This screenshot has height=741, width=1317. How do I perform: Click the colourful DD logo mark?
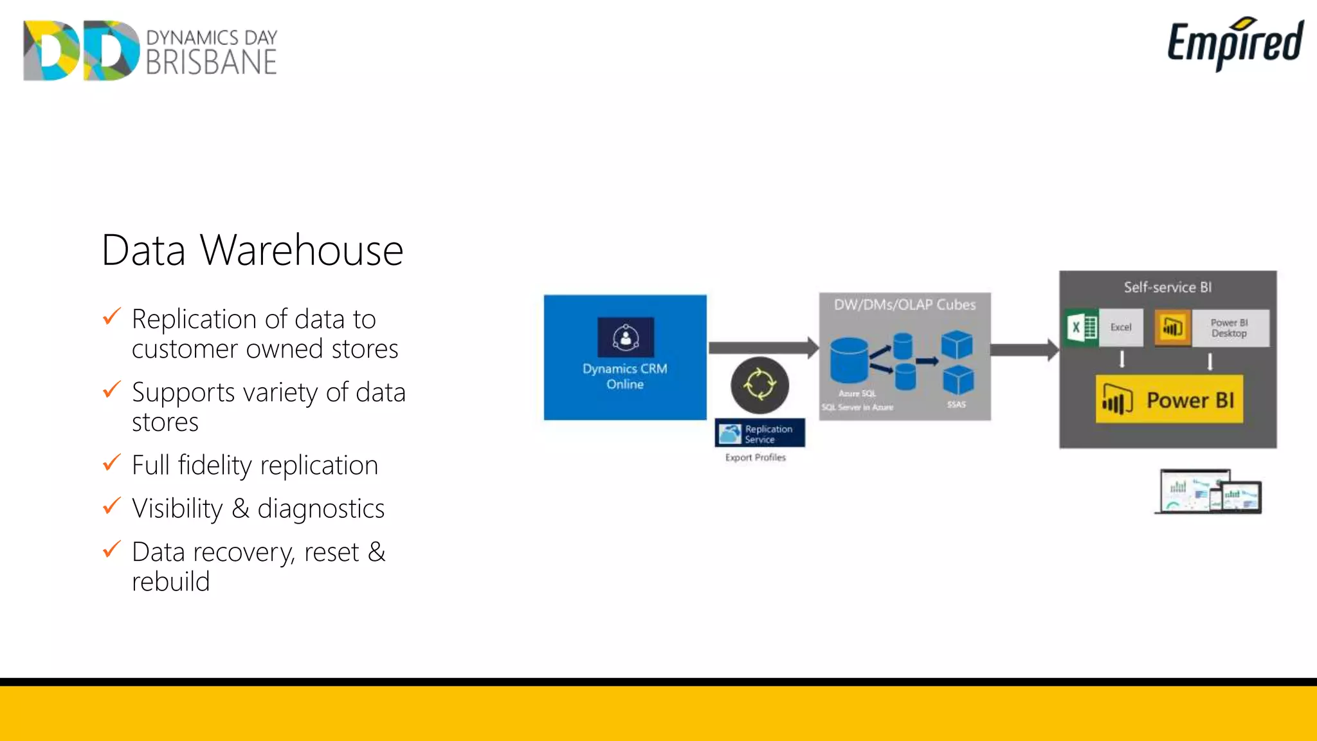click(x=81, y=50)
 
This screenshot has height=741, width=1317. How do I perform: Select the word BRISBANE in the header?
click(x=211, y=62)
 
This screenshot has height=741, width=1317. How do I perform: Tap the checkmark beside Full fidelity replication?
click(x=112, y=462)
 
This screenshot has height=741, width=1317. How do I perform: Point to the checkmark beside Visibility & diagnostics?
click(x=112, y=506)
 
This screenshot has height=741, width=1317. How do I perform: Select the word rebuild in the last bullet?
click(x=170, y=581)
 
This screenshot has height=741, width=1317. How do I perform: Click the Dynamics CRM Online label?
click(x=624, y=376)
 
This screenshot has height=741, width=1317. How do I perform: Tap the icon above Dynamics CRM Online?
click(x=625, y=337)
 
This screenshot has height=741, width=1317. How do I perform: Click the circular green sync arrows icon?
click(x=759, y=385)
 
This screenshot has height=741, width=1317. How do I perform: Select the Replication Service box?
click(x=759, y=434)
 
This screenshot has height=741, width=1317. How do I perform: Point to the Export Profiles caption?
click(x=755, y=457)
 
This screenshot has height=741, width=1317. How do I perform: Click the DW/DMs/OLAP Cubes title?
click(x=904, y=304)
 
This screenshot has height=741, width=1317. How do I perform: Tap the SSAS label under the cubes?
click(x=956, y=405)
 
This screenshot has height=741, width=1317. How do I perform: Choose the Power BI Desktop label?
click(x=1229, y=328)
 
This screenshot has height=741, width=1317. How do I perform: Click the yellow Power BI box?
click(x=1168, y=400)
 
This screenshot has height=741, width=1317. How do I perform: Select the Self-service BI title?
click(x=1167, y=287)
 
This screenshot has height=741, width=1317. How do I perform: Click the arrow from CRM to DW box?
click(x=763, y=348)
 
